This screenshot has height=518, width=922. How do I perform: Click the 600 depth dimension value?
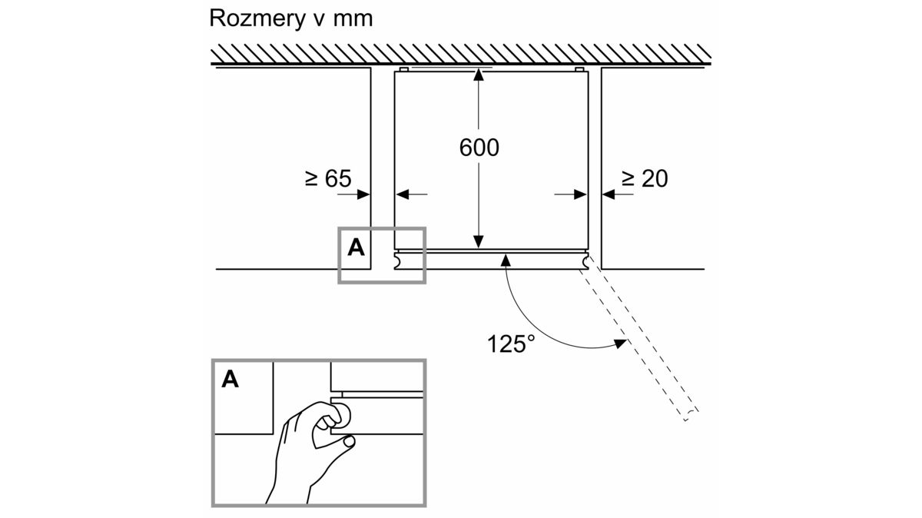(x=479, y=148)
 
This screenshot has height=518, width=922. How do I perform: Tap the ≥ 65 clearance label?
(x=327, y=179)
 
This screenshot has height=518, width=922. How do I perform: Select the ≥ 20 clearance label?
(x=645, y=179)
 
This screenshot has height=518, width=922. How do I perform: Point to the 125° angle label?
(x=511, y=343)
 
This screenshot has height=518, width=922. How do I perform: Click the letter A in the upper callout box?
(x=356, y=247)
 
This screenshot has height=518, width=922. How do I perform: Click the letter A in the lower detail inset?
(x=230, y=379)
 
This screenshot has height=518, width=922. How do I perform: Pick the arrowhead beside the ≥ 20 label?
(x=609, y=195)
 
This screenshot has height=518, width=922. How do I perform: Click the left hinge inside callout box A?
(x=398, y=262)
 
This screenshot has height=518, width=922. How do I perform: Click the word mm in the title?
(x=353, y=18)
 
